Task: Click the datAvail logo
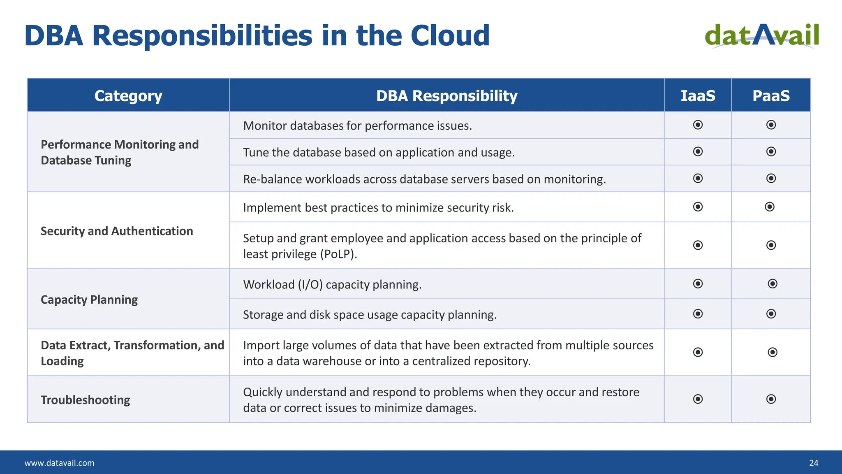pyautogui.click(x=762, y=36)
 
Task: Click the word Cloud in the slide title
pyautogui.click(x=450, y=36)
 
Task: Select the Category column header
pyautogui.click(x=128, y=95)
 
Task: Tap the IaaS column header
pyautogui.click(x=698, y=95)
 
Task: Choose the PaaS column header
pyautogui.click(x=771, y=95)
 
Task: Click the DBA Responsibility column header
pyautogui.click(x=446, y=95)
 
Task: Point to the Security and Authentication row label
pyautogui.click(x=117, y=231)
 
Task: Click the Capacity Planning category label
pyautogui.click(x=89, y=300)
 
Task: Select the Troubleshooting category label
pyautogui.click(x=86, y=400)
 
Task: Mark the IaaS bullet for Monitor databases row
pyautogui.click(x=698, y=125)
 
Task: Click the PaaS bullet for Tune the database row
pyautogui.click(x=771, y=151)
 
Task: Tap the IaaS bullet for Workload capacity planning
pyautogui.click(x=698, y=283)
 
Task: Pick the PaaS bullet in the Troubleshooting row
pyautogui.click(x=771, y=399)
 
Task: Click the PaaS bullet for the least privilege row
pyautogui.click(x=771, y=245)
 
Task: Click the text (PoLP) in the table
pyautogui.click(x=338, y=254)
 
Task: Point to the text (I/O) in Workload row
pyautogui.click(x=310, y=284)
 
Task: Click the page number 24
pyautogui.click(x=814, y=463)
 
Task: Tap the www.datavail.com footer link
pyautogui.click(x=59, y=463)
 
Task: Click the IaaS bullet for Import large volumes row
pyautogui.click(x=698, y=352)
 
